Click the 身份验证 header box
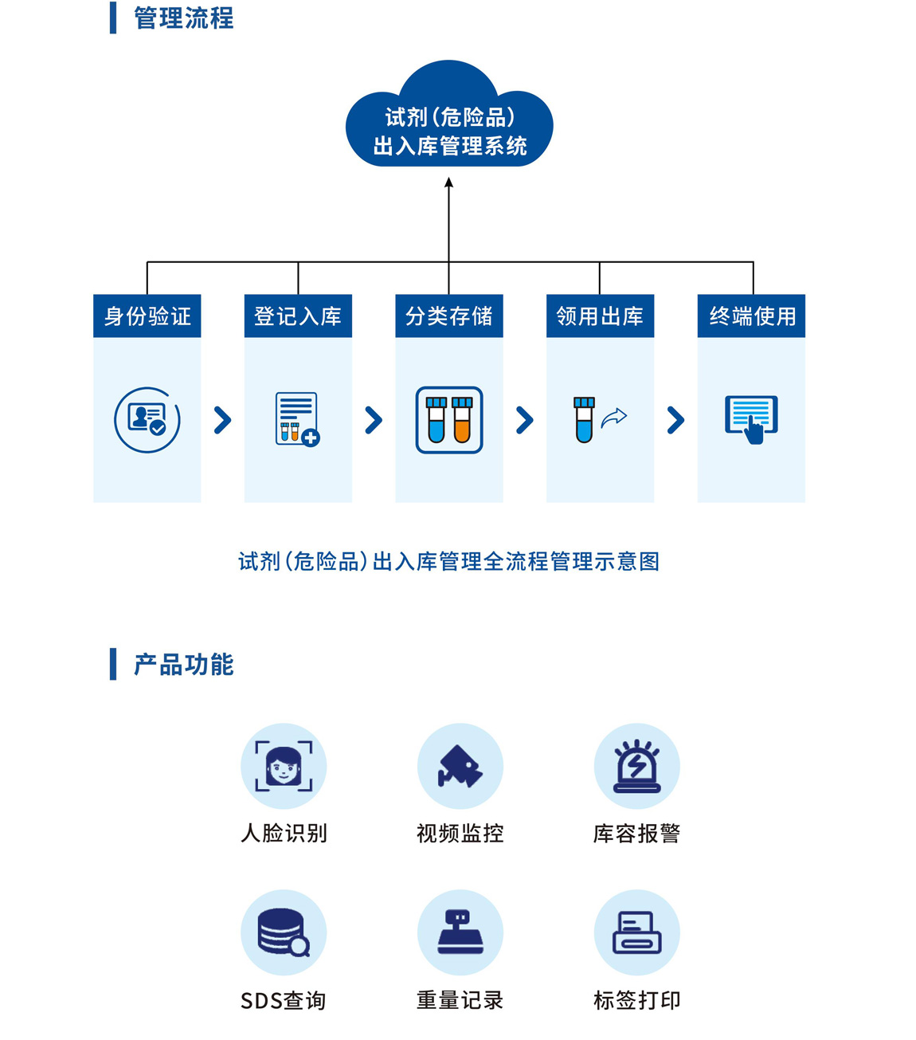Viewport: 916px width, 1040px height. point(147,316)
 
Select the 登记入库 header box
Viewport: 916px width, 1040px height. point(298,316)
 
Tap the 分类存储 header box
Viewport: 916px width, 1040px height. point(449,316)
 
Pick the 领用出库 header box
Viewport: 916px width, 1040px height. point(600,316)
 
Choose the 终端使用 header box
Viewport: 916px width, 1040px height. point(751,316)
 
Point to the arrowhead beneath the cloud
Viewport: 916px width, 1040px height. point(449,183)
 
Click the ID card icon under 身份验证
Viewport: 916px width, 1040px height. point(147,419)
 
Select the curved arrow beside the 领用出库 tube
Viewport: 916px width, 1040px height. point(614,418)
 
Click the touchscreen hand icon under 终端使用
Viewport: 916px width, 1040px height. point(751,419)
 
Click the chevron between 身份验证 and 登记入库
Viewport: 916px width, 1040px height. point(223,420)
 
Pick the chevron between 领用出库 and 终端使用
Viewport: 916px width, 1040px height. point(675,420)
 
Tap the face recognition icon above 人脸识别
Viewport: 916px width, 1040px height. point(284,766)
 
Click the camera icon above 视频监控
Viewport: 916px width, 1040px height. point(460,766)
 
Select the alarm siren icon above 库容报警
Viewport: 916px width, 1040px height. point(637,766)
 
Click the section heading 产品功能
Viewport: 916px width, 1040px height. point(183,665)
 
